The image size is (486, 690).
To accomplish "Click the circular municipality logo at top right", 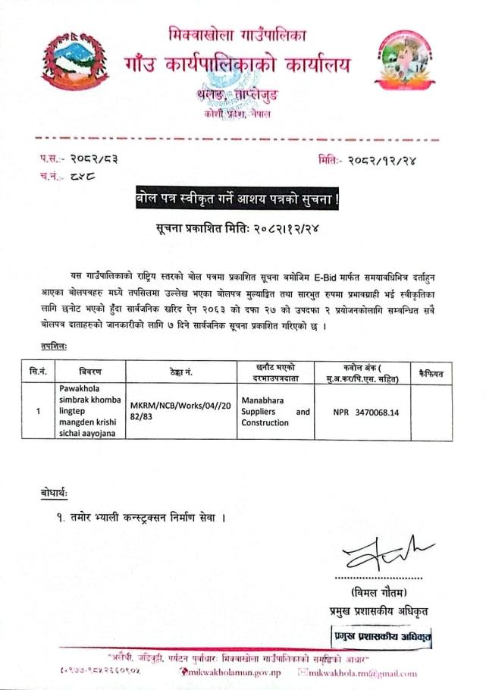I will click(x=409, y=61).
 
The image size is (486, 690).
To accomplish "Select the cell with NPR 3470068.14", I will click(x=365, y=412).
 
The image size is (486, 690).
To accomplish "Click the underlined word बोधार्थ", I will click(x=54, y=494).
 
